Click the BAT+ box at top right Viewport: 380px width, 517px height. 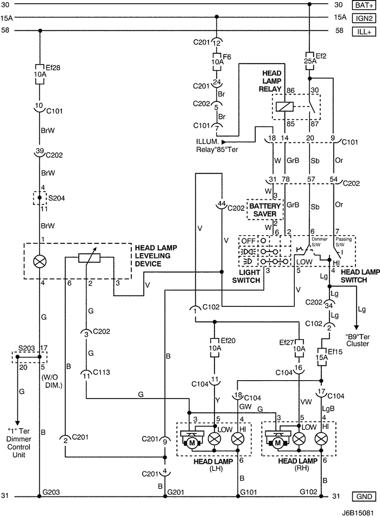pos(363,5)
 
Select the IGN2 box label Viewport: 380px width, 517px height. pos(363,18)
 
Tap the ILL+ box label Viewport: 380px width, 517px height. pos(363,31)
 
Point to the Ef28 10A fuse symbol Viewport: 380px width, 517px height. pos(40,74)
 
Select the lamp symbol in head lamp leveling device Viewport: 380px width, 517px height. pos(40,261)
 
